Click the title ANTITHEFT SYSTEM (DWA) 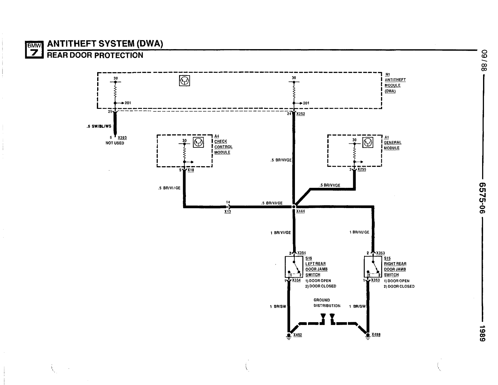pos(105,44)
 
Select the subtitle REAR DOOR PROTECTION pos(95,55)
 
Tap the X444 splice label pos(301,211)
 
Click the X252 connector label pos(301,114)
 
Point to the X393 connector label pos(122,137)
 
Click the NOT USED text pos(115,143)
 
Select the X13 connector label pos(228,211)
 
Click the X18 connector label pos(191,170)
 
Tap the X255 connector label pos(362,169)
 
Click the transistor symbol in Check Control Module pos(198,142)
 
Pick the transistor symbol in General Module pos(368,142)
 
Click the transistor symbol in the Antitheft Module pos(184,81)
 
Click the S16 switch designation pos(309,258)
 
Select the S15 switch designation pos(387,258)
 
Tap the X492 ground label pos(297,335)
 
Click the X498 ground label pos(376,335)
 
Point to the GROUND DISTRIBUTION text pos(326,303)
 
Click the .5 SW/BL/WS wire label pos(99,126)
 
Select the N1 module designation pos(387,74)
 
